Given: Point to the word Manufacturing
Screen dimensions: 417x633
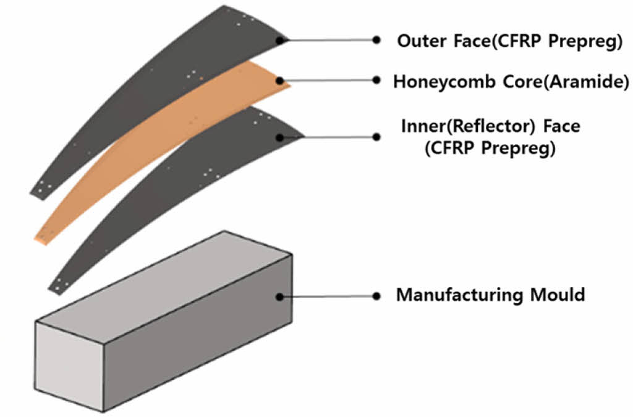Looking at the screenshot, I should (x=458, y=294).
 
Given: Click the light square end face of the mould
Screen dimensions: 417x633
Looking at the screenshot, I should (x=69, y=365).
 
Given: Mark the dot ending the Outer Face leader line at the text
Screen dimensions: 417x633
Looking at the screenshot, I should (x=376, y=40).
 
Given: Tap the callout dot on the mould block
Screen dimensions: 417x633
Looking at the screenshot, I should (x=280, y=296).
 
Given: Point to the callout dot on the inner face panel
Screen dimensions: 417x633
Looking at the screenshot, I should (x=280, y=137).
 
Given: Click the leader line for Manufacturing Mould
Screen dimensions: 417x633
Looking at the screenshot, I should (x=328, y=296).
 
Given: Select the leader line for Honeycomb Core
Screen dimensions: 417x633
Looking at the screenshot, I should (x=328, y=80).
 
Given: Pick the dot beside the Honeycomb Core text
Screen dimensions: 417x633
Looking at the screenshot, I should (x=376, y=80).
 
